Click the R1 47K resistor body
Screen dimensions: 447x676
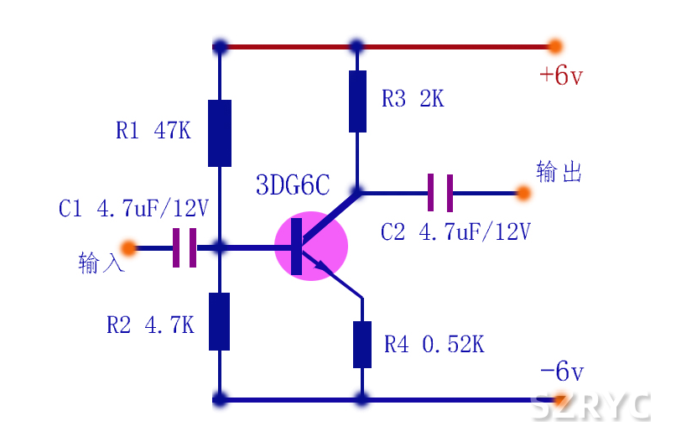tap(220, 133)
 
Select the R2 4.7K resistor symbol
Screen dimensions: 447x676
tap(220, 321)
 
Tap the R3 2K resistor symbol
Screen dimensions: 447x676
tap(357, 101)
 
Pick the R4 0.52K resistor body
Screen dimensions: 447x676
tap(362, 344)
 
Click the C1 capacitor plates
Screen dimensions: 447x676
tap(185, 247)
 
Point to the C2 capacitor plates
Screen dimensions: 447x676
tap(440, 193)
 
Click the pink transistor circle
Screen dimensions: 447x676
tap(311, 246)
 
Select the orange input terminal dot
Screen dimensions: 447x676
tap(128, 247)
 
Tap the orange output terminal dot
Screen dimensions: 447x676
tap(523, 193)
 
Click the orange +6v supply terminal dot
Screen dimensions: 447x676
tap(554, 46)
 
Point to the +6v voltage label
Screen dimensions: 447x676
tap(560, 75)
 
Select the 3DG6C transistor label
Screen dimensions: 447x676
tap(292, 185)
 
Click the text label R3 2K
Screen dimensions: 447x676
tap(412, 99)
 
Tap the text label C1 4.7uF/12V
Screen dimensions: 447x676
tap(133, 208)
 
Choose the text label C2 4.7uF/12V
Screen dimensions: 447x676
tap(455, 231)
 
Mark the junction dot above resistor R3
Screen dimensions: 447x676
tap(356, 46)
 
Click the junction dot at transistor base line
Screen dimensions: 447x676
tap(220, 247)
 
